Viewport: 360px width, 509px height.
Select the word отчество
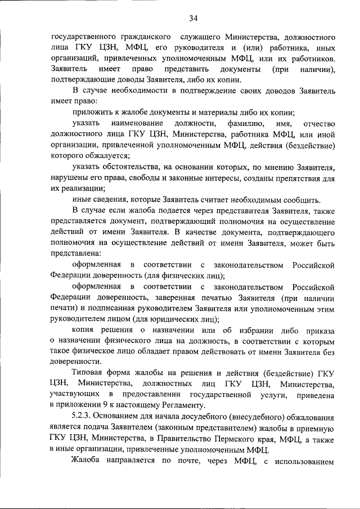[x=318, y=123]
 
